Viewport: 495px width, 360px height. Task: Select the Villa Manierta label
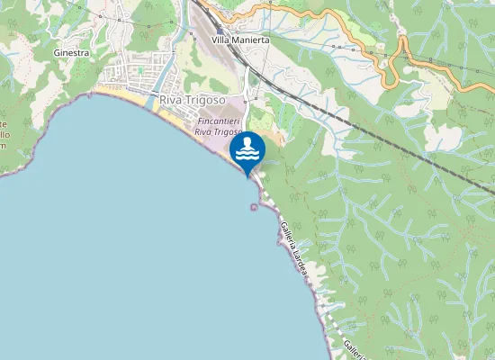tap(240, 40)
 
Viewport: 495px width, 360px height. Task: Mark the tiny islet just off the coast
tap(253, 207)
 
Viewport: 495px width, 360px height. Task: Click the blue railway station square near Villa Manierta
tap(219, 30)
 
